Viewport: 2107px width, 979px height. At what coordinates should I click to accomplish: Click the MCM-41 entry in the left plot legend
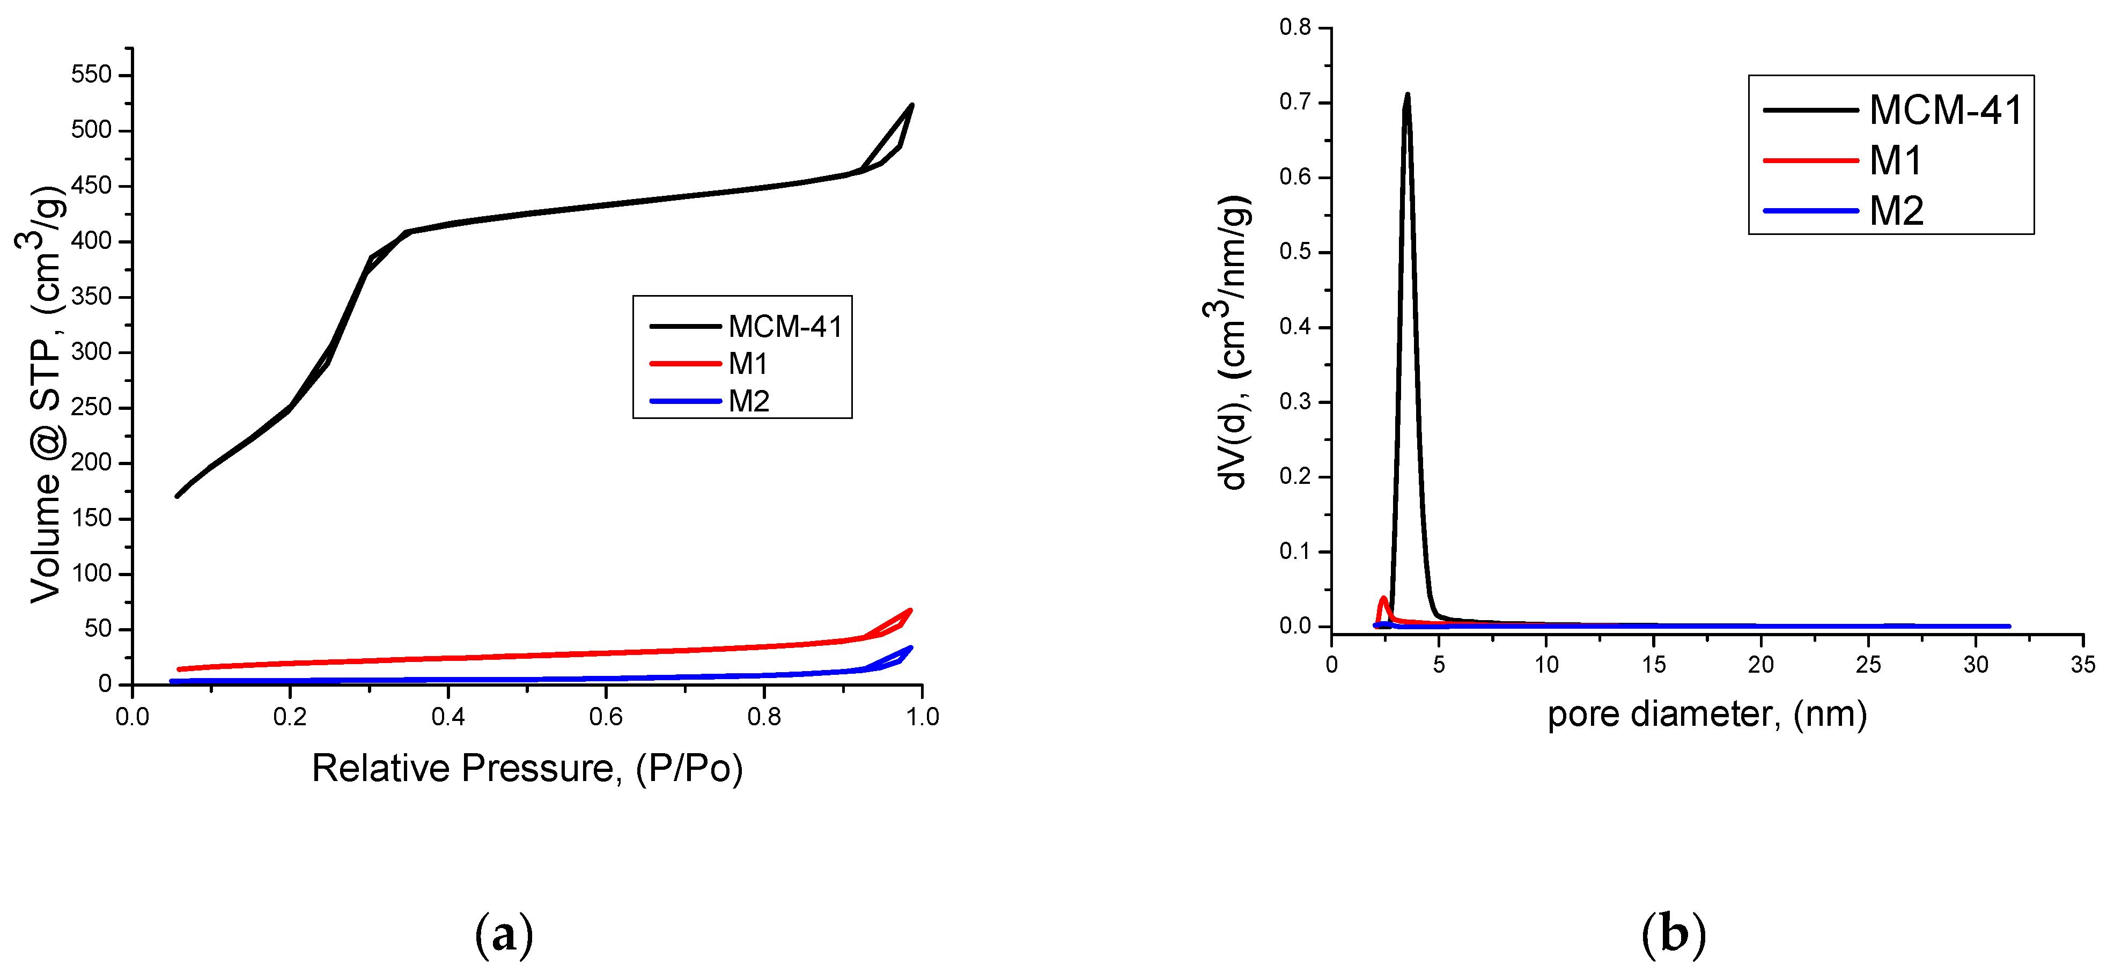click(x=784, y=326)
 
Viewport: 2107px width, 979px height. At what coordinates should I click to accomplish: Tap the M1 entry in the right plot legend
click(x=1895, y=160)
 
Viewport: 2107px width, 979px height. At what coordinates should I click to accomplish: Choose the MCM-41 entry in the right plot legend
click(x=1945, y=109)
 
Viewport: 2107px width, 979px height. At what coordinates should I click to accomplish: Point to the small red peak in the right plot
click(x=1384, y=598)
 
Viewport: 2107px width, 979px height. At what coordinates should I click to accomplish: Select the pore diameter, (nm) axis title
click(x=1706, y=714)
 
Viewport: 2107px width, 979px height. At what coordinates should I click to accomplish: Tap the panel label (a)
click(x=504, y=934)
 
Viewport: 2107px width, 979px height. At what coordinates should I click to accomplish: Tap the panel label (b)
click(x=1674, y=934)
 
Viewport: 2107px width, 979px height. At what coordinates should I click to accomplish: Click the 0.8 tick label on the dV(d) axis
click(x=1295, y=28)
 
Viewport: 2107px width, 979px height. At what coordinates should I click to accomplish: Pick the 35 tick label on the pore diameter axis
click(x=2082, y=664)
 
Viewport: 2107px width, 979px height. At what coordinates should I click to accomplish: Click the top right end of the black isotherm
click(x=911, y=105)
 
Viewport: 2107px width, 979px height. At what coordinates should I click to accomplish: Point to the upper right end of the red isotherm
click(x=910, y=610)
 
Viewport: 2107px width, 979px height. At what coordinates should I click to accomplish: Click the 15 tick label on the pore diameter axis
click(x=1653, y=664)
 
